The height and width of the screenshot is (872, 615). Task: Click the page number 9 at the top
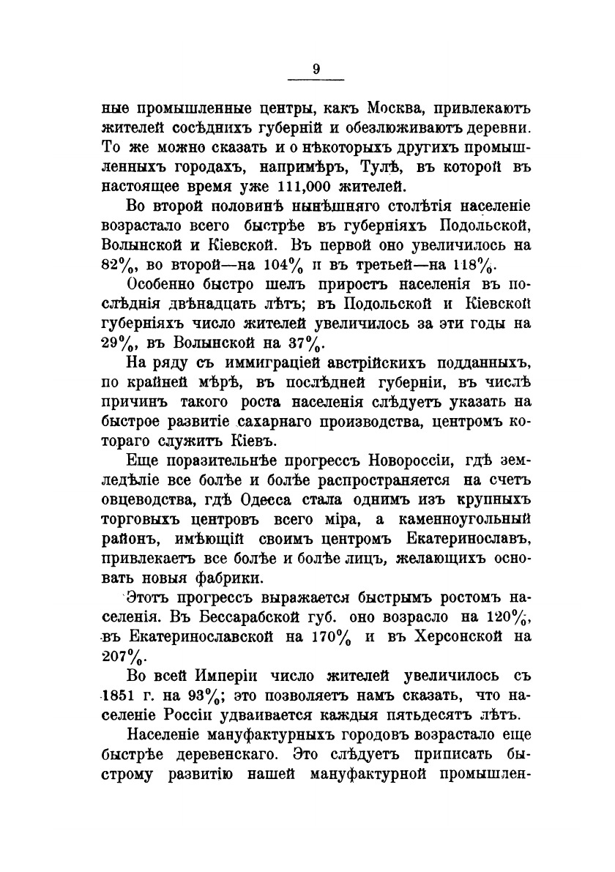(x=316, y=70)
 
